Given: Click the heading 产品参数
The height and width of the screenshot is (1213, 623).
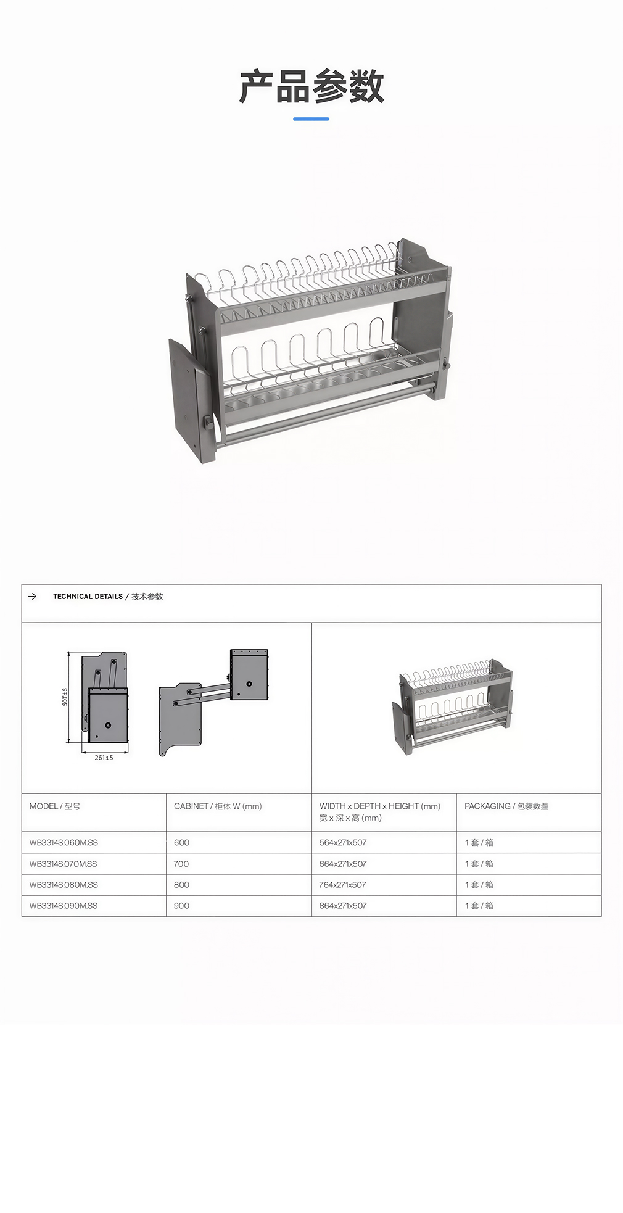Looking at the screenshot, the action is pyautogui.click(x=311, y=86).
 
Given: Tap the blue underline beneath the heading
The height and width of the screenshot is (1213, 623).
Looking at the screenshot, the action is pyautogui.click(x=311, y=118).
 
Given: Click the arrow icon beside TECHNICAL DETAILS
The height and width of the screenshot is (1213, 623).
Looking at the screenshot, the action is pyautogui.click(x=33, y=597).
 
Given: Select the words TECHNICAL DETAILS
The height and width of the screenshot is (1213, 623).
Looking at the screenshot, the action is pyautogui.click(x=88, y=597).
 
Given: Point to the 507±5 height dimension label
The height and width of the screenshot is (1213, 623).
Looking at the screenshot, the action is pyautogui.click(x=65, y=697).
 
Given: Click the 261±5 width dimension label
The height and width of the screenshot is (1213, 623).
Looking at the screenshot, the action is pyautogui.click(x=104, y=758).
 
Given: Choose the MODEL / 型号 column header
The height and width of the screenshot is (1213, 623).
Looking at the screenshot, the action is pyautogui.click(x=55, y=806).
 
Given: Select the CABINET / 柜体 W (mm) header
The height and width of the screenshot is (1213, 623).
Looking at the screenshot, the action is pyautogui.click(x=218, y=806).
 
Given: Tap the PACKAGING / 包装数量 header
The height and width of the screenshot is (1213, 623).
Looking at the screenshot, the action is pyautogui.click(x=506, y=806).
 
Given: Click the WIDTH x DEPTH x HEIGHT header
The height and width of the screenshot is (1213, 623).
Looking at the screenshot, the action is pyautogui.click(x=380, y=806).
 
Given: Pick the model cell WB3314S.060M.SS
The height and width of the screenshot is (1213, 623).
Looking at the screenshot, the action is pyautogui.click(x=64, y=843).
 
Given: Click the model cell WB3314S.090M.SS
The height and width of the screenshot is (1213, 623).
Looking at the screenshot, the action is pyautogui.click(x=64, y=906).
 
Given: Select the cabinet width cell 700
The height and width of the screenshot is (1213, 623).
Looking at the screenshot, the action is pyautogui.click(x=181, y=864).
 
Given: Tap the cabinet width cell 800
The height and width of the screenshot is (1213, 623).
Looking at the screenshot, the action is pyautogui.click(x=181, y=885).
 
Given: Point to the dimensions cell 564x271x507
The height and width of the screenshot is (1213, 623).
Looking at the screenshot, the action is pyautogui.click(x=343, y=843).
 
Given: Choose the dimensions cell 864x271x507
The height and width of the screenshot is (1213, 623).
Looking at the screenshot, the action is pyautogui.click(x=343, y=906).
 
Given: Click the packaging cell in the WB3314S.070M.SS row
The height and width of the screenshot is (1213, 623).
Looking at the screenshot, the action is pyautogui.click(x=479, y=864).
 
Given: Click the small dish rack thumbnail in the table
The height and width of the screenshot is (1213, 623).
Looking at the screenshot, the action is pyautogui.click(x=452, y=707).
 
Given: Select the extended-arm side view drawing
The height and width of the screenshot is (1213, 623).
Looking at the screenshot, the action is pyautogui.click(x=213, y=702).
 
